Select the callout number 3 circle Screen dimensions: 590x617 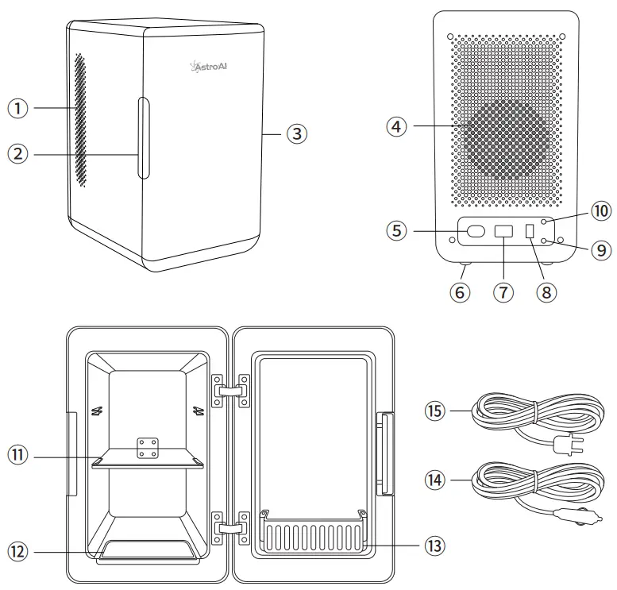click(x=295, y=133)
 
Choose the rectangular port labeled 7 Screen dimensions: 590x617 click(x=503, y=232)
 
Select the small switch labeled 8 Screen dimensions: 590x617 click(x=530, y=232)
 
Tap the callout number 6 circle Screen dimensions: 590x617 click(x=460, y=291)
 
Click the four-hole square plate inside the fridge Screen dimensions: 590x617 click(x=147, y=448)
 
